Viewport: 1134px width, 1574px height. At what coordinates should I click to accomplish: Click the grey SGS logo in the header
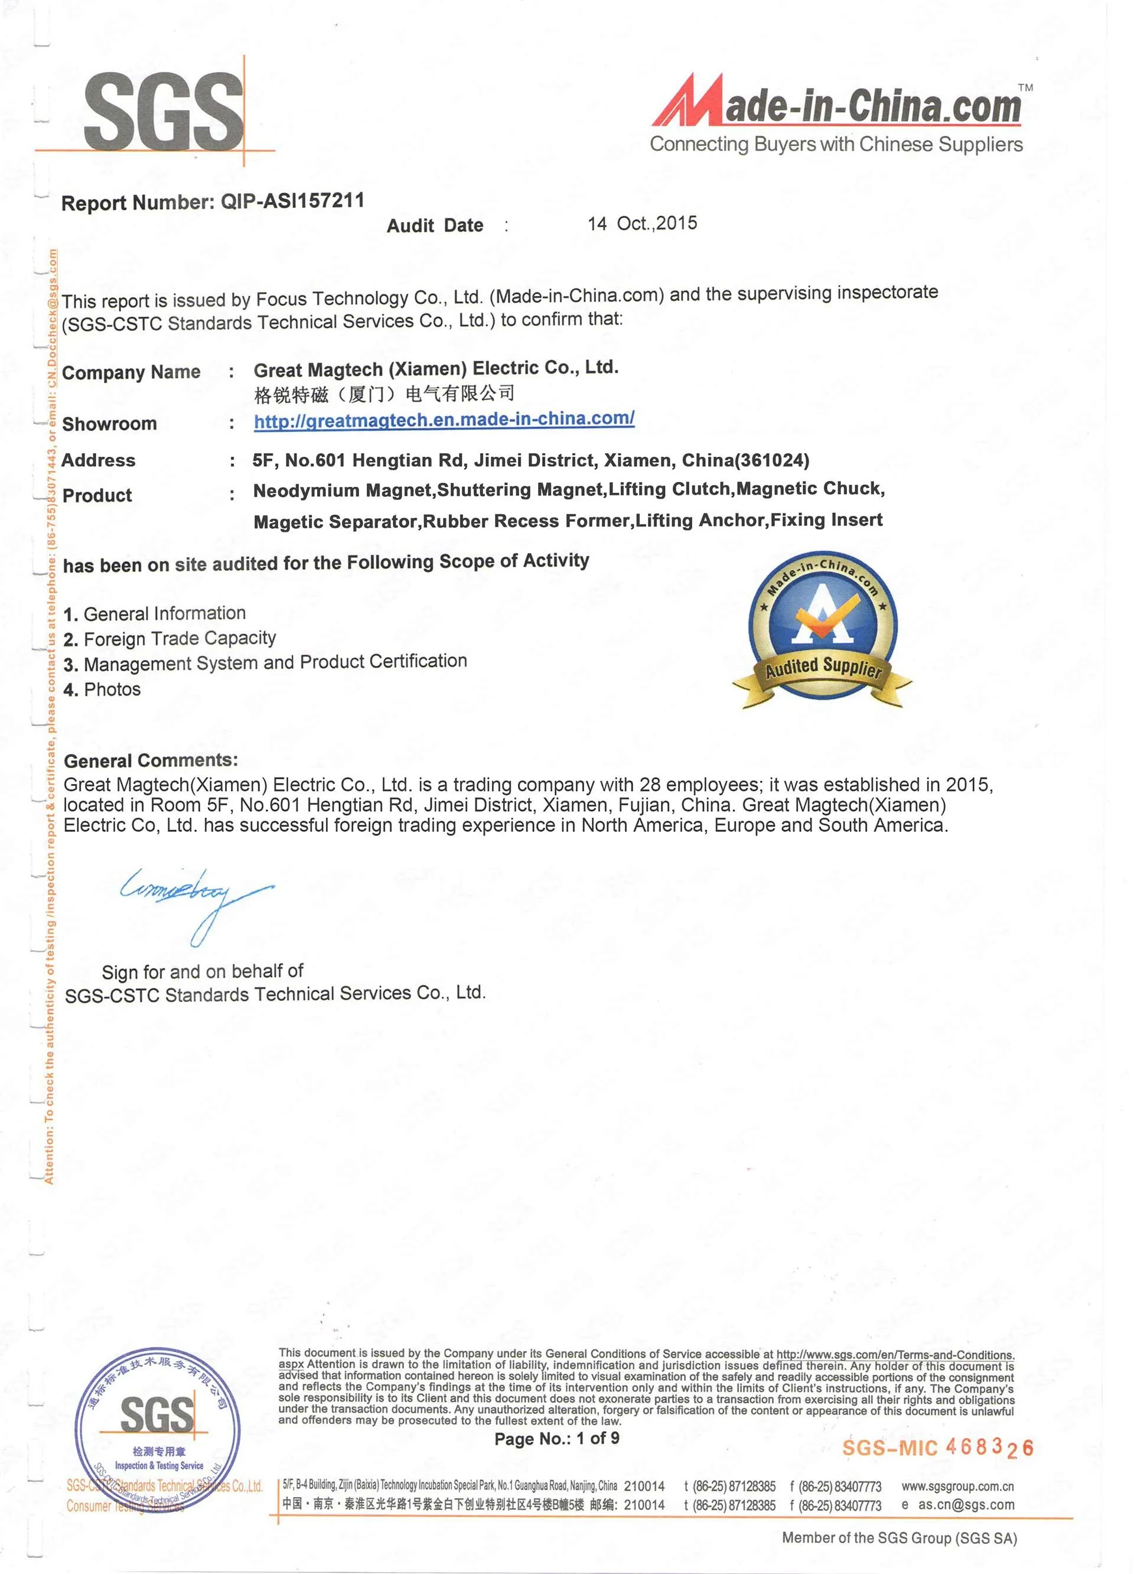point(163,113)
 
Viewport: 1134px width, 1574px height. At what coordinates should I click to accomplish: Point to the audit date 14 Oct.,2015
point(642,223)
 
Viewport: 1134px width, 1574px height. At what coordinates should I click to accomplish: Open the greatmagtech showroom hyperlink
point(444,420)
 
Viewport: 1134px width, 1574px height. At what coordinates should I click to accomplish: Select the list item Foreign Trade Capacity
point(179,639)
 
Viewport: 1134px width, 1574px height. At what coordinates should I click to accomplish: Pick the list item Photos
point(112,689)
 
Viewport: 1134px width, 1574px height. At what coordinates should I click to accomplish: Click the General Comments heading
point(151,760)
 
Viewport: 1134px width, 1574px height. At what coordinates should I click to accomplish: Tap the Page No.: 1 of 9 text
point(556,1439)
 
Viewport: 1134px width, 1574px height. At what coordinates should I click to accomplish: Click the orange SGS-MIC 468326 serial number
point(937,1448)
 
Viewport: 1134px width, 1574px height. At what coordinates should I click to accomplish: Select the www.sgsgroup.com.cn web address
point(957,1487)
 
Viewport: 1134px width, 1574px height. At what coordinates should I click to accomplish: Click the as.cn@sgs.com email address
point(966,1505)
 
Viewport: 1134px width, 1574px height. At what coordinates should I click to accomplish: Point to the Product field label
point(97,496)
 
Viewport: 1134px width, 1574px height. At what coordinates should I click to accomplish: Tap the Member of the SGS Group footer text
point(899,1538)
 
